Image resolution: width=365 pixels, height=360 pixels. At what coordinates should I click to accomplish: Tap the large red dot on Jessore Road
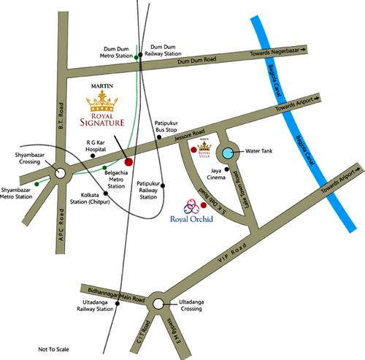pos(128,160)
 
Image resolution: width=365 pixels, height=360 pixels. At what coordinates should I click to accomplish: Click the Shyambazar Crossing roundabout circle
pos(61,173)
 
